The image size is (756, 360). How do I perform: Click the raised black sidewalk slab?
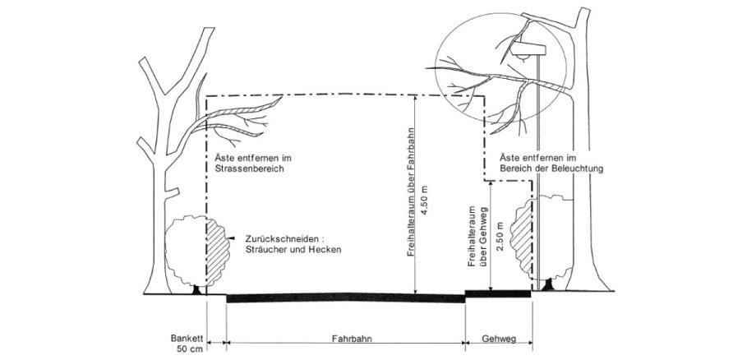click(x=499, y=293)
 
